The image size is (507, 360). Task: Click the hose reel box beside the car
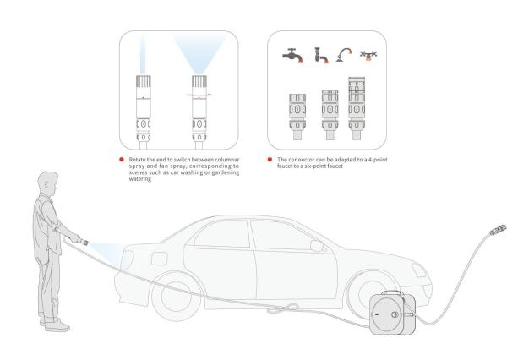(x=392, y=314)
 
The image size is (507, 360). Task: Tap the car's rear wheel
(x=177, y=297)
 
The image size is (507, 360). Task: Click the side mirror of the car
(x=317, y=246)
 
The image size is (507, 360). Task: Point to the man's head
(x=48, y=183)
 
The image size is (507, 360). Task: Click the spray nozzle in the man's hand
(x=83, y=241)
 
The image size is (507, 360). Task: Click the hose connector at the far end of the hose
(x=498, y=229)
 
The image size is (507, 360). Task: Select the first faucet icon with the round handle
(x=292, y=55)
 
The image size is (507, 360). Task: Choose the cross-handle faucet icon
(x=368, y=55)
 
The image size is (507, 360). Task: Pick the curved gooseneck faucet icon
(x=344, y=55)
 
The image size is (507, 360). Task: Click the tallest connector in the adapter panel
(x=357, y=108)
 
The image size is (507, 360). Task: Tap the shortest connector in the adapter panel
(x=297, y=117)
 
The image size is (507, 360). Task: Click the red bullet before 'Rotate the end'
(x=122, y=160)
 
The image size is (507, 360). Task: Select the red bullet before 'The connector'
(x=270, y=160)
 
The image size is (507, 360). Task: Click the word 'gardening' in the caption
(x=226, y=172)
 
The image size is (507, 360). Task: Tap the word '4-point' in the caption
(x=377, y=160)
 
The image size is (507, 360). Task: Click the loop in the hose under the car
(x=283, y=308)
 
